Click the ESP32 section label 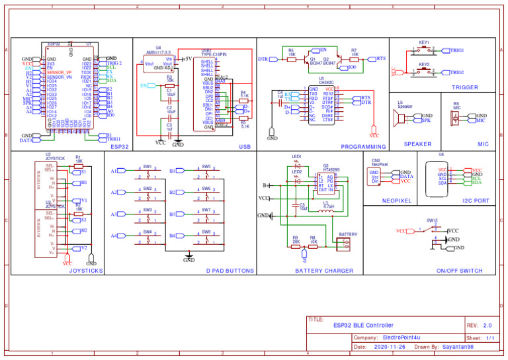coord(120,147)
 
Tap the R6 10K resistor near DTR coord(291,55)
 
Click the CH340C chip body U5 coord(321,105)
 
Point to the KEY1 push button coord(424,50)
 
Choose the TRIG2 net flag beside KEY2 coord(457,72)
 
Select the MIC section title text coord(483,144)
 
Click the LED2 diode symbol coord(296,181)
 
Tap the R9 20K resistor coord(295,246)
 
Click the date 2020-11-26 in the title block coord(390,346)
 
